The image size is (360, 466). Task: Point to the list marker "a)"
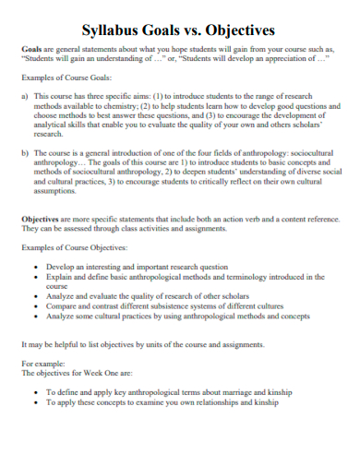(x=24, y=96)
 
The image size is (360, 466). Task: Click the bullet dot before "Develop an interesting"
(x=36, y=266)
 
